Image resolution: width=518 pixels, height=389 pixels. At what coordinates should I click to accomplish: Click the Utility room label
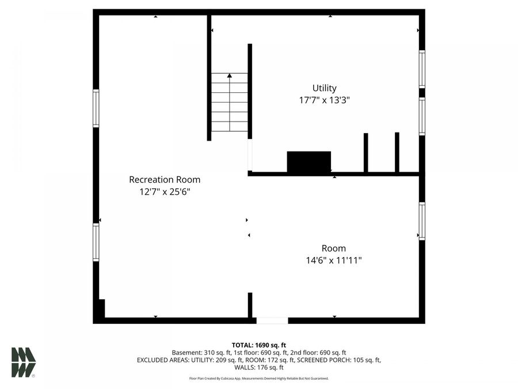324,88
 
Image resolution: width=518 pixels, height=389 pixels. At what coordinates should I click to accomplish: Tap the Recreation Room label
165,180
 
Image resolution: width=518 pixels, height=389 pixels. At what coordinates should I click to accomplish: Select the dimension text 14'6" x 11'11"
334,260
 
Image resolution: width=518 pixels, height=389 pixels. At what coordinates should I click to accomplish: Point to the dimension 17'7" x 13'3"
324,100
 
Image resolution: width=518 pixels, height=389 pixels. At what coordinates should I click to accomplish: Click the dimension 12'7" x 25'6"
165,191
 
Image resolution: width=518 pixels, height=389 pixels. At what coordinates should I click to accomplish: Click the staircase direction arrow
230,75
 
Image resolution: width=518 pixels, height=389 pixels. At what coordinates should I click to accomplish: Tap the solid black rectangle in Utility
308,162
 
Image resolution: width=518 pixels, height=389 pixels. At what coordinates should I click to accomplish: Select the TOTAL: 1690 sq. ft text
258,345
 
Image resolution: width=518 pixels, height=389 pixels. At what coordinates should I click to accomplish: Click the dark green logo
23,362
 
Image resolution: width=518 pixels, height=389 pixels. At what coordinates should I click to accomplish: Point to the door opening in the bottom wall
272,320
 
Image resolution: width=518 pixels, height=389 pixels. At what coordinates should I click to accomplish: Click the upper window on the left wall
96,108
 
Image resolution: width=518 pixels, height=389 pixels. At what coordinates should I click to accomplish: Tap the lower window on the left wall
96,243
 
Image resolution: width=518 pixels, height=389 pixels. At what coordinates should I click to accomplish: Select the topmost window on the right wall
422,69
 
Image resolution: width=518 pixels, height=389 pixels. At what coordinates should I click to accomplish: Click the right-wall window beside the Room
422,221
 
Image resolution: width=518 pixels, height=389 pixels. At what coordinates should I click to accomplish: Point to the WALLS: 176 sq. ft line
258,368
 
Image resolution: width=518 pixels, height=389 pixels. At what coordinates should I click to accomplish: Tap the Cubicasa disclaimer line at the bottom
258,379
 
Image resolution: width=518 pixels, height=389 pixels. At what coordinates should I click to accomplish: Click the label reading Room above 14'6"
334,248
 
